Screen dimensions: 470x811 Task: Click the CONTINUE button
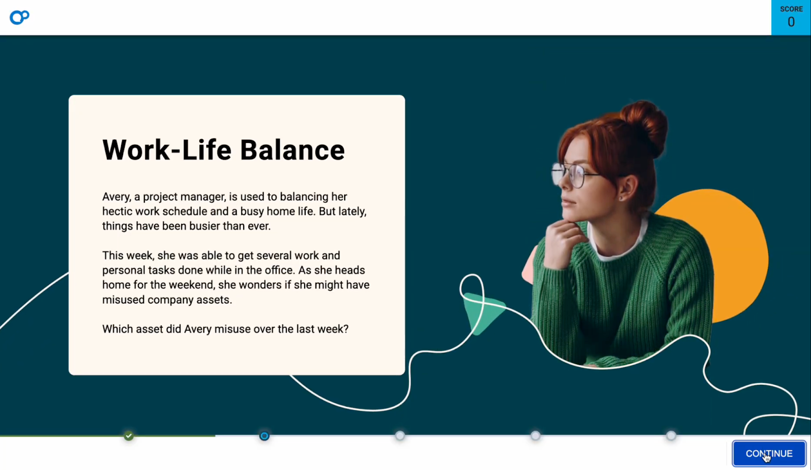[768, 453]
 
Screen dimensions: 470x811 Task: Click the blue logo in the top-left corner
[19, 17]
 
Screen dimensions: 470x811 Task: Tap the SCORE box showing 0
[791, 17]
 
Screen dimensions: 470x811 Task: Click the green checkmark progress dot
[129, 436]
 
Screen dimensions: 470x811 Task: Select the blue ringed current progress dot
[264, 436]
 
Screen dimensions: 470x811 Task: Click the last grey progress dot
[671, 436]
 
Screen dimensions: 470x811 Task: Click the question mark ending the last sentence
[346, 329]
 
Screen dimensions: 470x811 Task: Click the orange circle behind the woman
[735, 243]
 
